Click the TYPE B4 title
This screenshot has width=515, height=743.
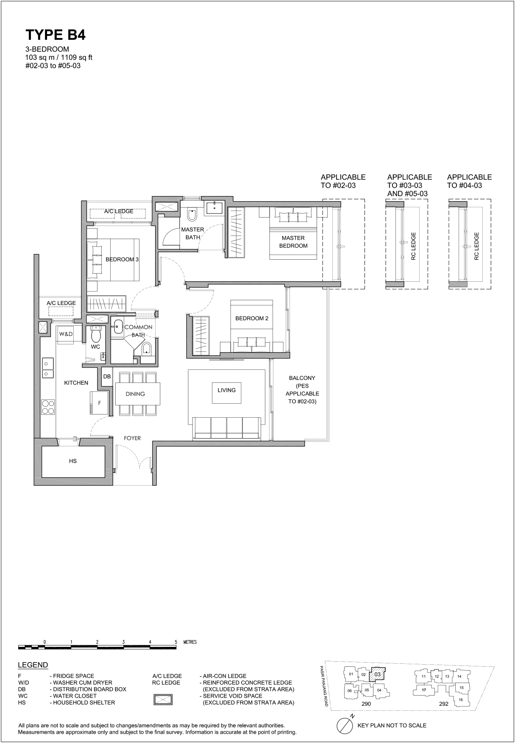[x=56, y=35]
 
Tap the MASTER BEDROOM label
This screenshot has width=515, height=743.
[x=293, y=242]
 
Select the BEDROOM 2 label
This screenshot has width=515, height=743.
[x=252, y=319]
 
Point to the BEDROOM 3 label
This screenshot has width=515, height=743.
[x=122, y=259]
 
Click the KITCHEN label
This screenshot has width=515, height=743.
[x=76, y=383]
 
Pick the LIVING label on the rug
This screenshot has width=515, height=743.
[x=227, y=390]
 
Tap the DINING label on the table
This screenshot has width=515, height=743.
[x=135, y=394]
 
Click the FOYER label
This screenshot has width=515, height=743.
[x=132, y=438]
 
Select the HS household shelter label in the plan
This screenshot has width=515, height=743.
[x=73, y=461]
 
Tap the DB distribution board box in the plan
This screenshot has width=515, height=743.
[x=107, y=377]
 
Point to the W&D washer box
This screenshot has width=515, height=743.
[x=66, y=335]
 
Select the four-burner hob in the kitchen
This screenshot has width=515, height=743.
[x=47, y=407]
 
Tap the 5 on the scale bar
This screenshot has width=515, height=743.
[x=176, y=642]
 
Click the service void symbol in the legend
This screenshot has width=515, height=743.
[x=163, y=699]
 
